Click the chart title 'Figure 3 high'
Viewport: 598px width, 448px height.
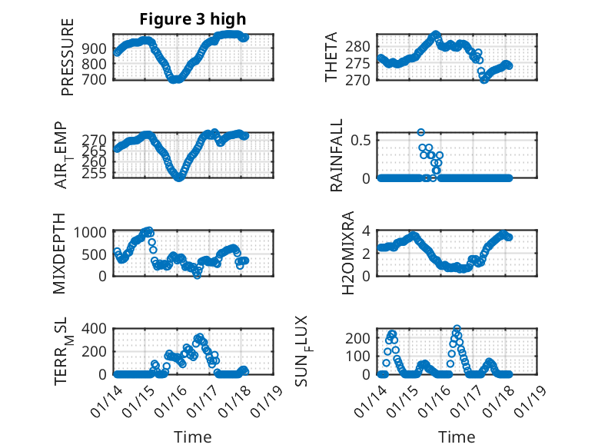click(192, 18)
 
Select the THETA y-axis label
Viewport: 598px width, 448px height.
click(331, 57)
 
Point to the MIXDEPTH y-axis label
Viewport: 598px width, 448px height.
click(60, 254)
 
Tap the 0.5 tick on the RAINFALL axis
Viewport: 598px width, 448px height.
click(361, 140)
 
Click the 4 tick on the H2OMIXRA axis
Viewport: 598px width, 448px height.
click(367, 231)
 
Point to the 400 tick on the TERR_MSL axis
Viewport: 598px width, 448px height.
click(98, 329)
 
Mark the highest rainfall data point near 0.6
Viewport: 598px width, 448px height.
click(420, 132)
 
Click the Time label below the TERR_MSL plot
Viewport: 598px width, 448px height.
click(192, 436)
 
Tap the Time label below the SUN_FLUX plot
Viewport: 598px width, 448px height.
click(457, 436)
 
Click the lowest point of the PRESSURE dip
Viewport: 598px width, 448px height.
click(175, 79)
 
